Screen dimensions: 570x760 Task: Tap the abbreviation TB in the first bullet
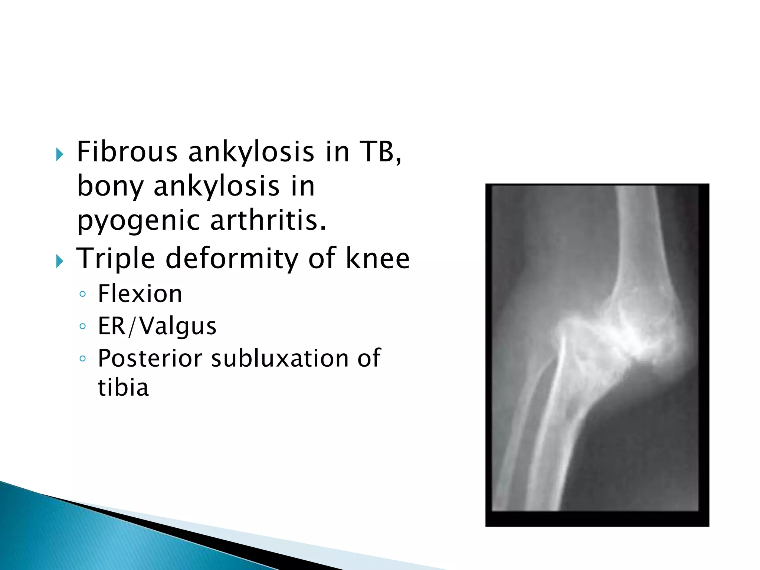pyautogui.click(x=380, y=152)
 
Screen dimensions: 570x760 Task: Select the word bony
pyautogui.click(x=110, y=186)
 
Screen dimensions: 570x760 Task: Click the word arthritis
pyautogui.click(x=268, y=220)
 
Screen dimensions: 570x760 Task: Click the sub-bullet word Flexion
pyautogui.click(x=140, y=294)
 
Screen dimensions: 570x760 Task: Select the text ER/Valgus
pyautogui.click(x=157, y=326)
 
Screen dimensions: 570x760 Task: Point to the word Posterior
pyautogui.click(x=150, y=358)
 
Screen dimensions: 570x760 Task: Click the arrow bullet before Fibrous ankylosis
pyautogui.click(x=59, y=154)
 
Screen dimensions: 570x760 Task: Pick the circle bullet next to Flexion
pyautogui.click(x=82, y=294)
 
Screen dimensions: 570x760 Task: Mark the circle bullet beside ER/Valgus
pyautogui.click(x=82, y=327)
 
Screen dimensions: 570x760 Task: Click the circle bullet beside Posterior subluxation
pyautogui.click(x=82, y=359)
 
